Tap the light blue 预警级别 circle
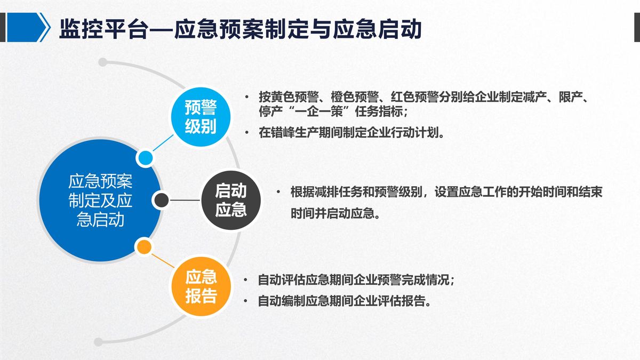click(201, 117)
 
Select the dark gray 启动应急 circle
click(231, 201)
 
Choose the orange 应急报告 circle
click(201, 286)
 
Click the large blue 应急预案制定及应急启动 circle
click(100, 201)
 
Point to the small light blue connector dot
click(146, 158)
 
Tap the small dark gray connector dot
click(162, 200)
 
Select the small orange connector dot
click(144, 247)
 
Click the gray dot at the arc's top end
click(102, 62)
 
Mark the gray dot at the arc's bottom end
click(98, 342)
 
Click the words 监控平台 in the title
click(104, 29)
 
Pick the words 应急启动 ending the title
click(378, 29)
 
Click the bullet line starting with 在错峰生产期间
click(351, 133)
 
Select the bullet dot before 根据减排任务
click(278, 192)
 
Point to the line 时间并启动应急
click(335, 213)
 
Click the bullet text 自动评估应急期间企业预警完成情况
click(356, 280)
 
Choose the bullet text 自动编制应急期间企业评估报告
click(345, 301)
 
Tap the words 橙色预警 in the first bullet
click(355, 97)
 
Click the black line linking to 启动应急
click(185, 200)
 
